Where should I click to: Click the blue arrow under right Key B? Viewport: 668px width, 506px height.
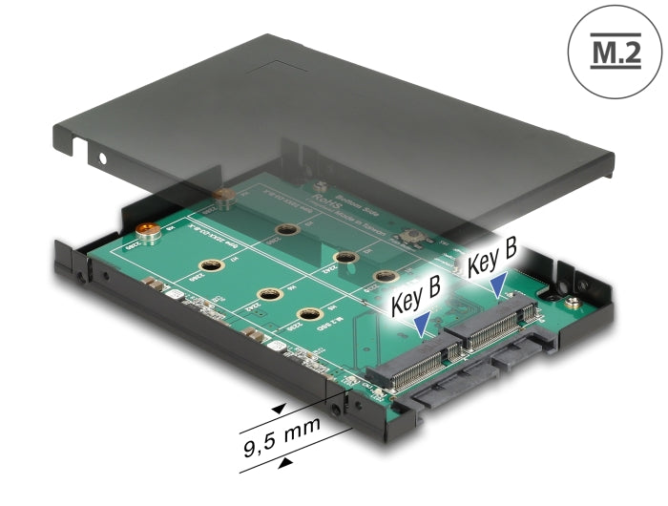[497, 282]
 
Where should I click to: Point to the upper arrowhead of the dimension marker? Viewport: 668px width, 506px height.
[278, 409]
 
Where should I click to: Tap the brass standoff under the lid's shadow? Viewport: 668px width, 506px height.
[224, 199]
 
